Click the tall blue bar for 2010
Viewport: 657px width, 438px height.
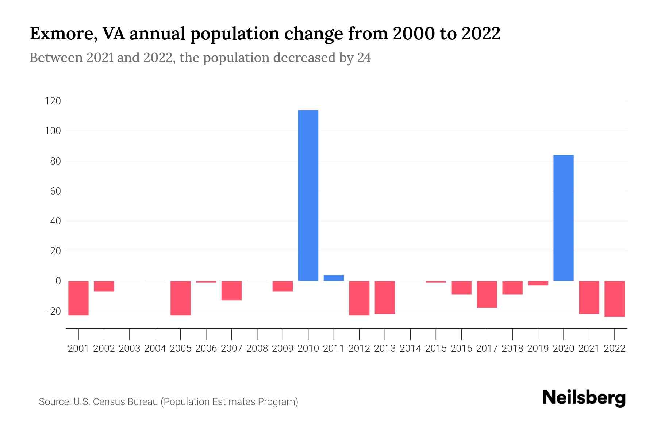308,195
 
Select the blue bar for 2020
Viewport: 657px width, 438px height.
563,218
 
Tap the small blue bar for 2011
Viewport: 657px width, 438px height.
334,278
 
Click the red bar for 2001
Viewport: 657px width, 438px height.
78,298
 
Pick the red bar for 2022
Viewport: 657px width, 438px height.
614,299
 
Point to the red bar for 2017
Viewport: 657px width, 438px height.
487,294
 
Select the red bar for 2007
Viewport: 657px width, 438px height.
231,291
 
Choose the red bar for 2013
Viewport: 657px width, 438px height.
385,297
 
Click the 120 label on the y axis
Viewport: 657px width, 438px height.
53,101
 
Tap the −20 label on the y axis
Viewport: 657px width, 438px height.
53,311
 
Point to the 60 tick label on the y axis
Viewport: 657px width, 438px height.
55,191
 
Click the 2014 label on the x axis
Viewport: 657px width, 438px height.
410,349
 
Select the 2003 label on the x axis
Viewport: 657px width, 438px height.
130,349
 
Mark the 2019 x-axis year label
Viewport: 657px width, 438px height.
538,349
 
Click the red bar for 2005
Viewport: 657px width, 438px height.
180,298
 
